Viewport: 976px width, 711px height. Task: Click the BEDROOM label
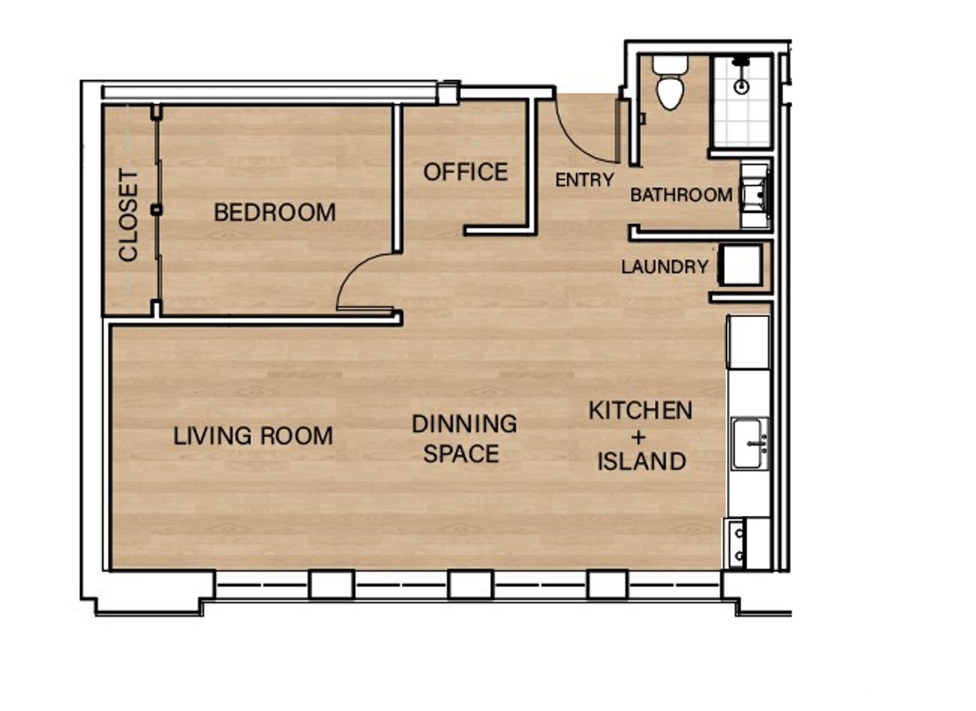[274, 213]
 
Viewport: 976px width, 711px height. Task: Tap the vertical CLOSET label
[129, 216]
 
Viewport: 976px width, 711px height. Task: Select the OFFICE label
[466, 172]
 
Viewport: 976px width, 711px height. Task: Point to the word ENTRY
[585, 180]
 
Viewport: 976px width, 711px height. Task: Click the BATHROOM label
[681, 195]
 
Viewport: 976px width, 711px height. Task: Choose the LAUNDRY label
[664, 267]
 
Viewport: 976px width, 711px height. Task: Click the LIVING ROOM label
[253, 436]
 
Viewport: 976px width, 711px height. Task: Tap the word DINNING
[464, 424]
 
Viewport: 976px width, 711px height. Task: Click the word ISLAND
[642, 462]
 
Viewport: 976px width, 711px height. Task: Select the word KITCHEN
[640, 411]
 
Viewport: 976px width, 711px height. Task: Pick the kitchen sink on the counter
[749, 443]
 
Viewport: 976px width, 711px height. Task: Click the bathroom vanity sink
[754, 195]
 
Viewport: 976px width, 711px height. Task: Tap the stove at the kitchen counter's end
[737, 543]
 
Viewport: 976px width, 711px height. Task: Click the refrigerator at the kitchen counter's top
[748, 342]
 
